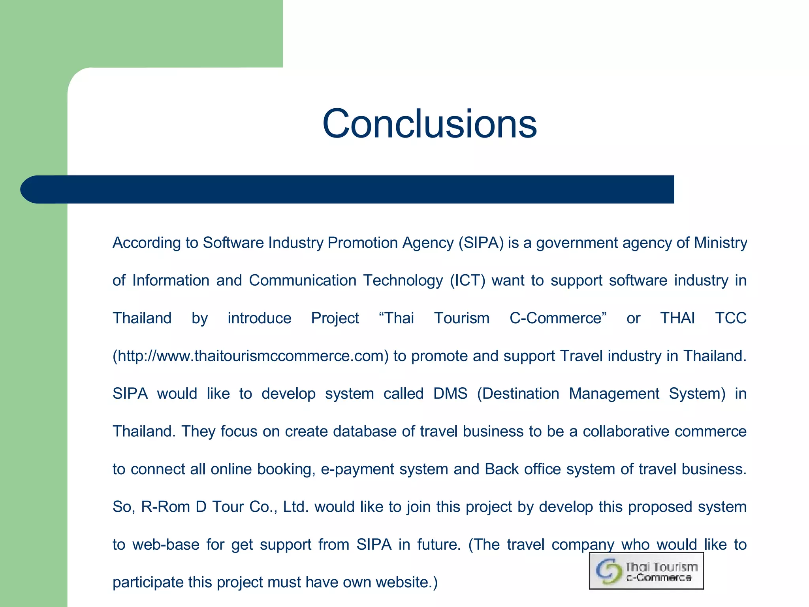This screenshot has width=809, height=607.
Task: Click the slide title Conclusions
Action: click(429, 124)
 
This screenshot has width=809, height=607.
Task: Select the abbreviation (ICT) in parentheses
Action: click(467, 281)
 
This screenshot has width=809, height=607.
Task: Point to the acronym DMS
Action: click(450, 394)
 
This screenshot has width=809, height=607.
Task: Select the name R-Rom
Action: click(166, 507)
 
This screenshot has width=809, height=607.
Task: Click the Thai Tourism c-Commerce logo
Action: click(646, 571)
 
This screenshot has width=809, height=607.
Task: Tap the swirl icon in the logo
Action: click(608, 571)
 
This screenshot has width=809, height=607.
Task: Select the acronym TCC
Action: click(730, 318)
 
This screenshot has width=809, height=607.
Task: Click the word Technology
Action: click(403, 281)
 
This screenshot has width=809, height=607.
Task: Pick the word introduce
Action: click(259, 318)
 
